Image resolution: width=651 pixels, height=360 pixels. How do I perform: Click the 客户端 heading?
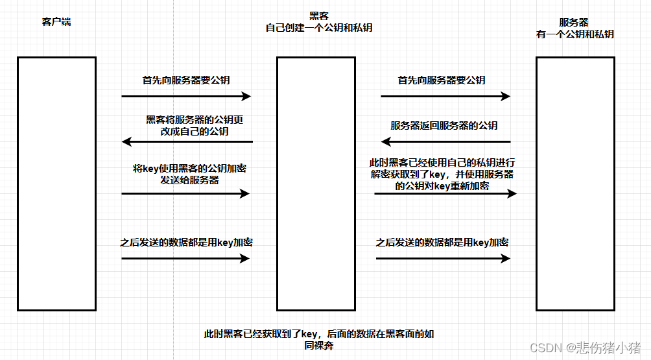[x=56, y=22]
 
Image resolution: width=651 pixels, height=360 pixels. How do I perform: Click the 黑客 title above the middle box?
[x=318, y=16]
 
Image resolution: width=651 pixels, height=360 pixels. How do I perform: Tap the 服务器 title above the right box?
[x=574, y=22]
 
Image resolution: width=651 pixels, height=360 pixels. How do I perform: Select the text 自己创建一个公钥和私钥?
[x=318, y=29]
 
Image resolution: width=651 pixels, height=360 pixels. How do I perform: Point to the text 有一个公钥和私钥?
[x=574, y=34]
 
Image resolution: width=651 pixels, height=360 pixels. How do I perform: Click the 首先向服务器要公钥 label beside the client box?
[x=186, y=81]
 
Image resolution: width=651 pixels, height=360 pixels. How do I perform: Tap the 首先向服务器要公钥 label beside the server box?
[x=442, y=80]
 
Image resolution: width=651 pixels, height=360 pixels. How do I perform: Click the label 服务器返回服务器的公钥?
[x=444, y=126]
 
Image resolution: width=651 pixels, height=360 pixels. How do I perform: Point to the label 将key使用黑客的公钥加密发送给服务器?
[x=189, y=174]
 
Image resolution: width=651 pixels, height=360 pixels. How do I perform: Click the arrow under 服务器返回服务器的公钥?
[x=446, y=141]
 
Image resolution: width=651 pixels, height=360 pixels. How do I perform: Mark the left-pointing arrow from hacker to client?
[x=187, y=141]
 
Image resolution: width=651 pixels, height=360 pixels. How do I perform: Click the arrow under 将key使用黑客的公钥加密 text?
[x=185, y=193]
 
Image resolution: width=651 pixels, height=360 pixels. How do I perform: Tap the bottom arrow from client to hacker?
[x=185, y=258]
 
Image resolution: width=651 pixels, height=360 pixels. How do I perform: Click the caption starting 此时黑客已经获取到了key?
[x=318, y=340]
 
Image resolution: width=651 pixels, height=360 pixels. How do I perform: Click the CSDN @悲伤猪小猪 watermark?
[x=585, y=348]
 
